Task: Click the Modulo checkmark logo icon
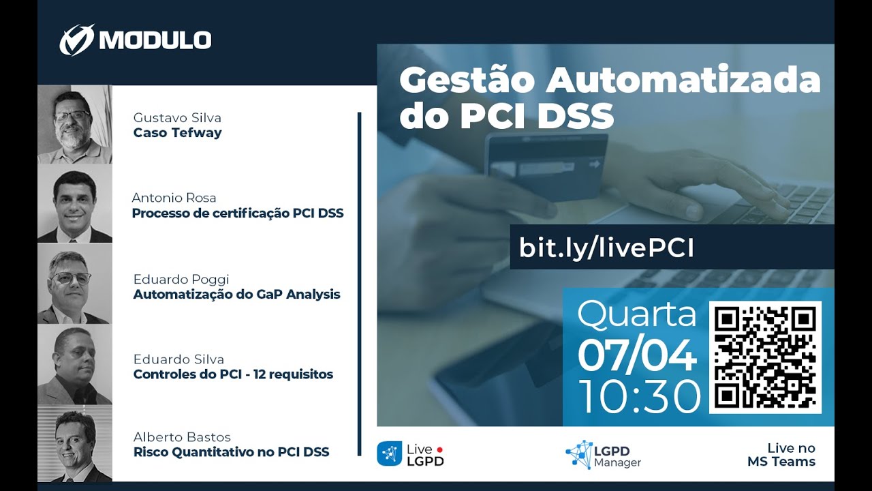pos(77,40)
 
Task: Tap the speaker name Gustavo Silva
pos(177,118)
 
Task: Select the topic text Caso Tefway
pos(178,133)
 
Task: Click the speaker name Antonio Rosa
pos(174,198)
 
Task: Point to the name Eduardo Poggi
pos(181,280)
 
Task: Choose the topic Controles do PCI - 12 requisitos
pos(233,374)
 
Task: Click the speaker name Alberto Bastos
pos(182,437)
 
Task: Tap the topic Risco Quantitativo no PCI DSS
pos(231,452)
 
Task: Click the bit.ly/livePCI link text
pos(606,248)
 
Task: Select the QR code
pos(765,357)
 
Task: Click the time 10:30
pos(639,397)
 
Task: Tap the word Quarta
pos(637,314)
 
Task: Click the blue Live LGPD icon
pos(389,453)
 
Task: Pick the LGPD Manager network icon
pos(579,454)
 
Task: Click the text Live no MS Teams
pos(781,455)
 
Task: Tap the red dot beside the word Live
pos(440,449)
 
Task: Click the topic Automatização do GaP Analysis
pos(236,295)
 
